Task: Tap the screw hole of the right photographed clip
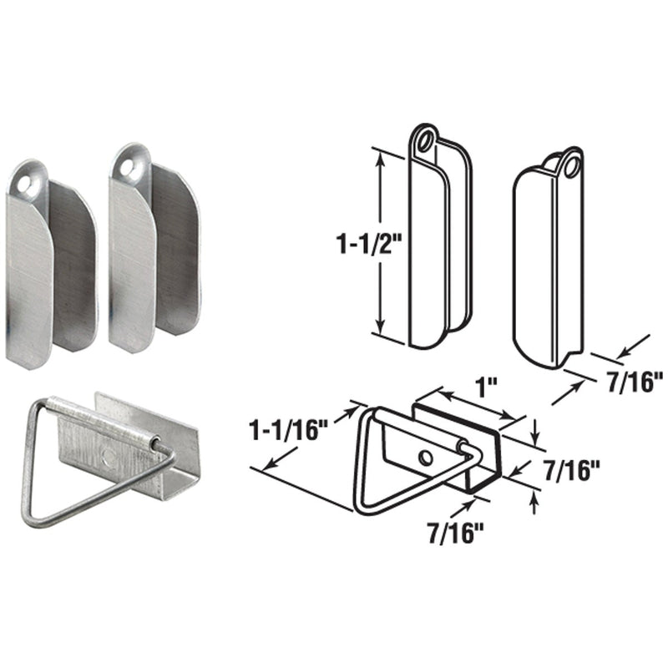(128, 168)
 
